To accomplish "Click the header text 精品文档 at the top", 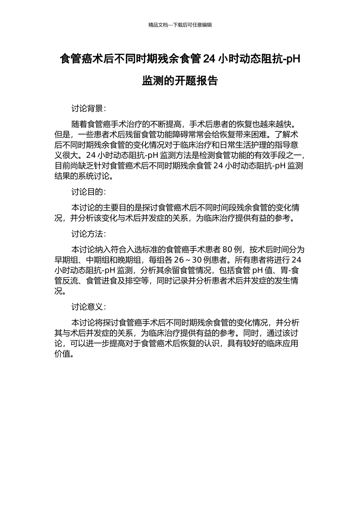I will tap(158, 25).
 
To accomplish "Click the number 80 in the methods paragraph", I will tap(227, 250).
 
